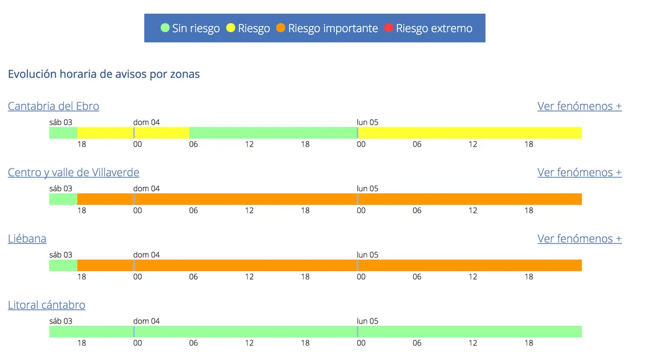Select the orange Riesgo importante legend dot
point(280,28)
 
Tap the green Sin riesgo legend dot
point(165,28)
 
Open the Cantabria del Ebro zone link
point(53,106)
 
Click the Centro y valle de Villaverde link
point(73,173)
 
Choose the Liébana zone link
point(27,239)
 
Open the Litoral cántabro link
point(47,305)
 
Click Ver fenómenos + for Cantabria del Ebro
point(579,106)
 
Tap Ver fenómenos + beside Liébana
point(579,239)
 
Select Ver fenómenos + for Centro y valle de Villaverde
point(579,173)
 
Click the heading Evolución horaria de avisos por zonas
point(104,74)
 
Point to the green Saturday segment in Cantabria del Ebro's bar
point(63,133)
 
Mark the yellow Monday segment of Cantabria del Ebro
point(470,133)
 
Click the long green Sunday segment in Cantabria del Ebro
point(273,133)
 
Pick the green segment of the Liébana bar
point(63,265)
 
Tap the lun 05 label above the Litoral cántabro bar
point(367,321)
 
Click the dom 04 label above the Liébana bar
point(146,255)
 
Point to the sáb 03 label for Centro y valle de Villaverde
point(61,189)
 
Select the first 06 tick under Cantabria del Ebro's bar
point(193,144)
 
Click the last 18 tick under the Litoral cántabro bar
point(529,343)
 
